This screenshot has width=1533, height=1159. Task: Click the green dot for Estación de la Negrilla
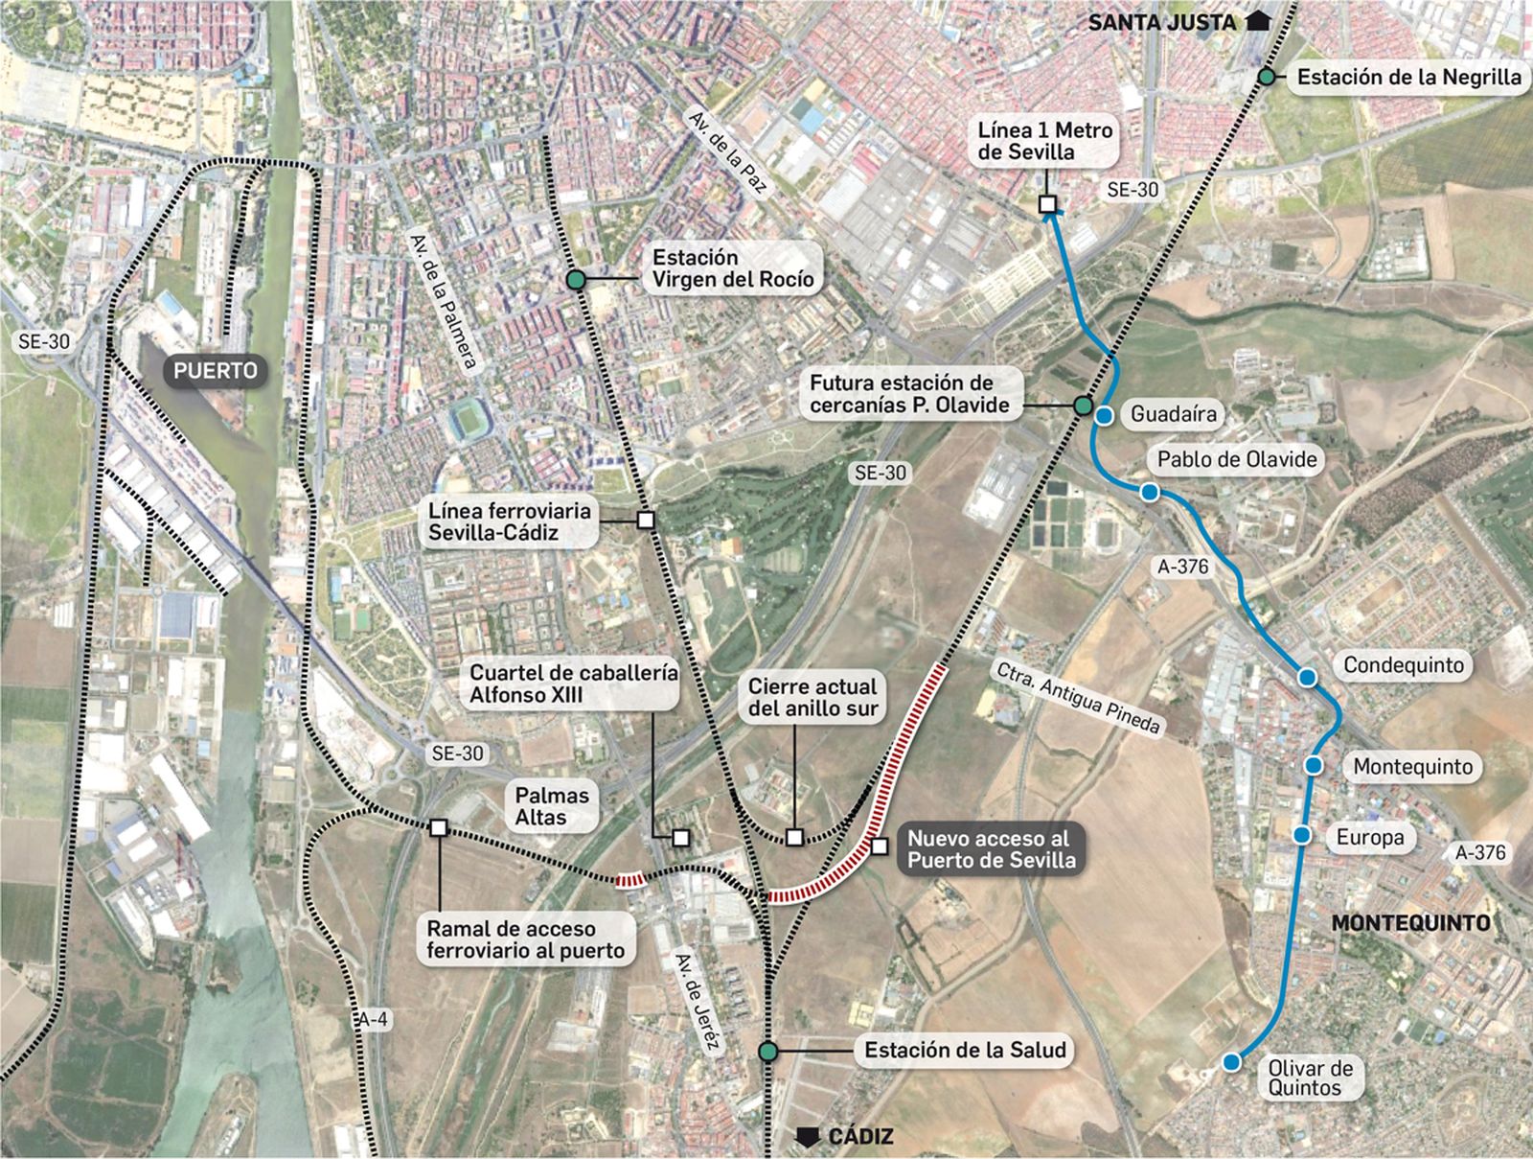pos(1267,77)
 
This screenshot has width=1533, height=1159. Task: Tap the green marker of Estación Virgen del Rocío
pos(575,280)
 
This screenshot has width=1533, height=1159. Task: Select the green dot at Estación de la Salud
pos(766,1052)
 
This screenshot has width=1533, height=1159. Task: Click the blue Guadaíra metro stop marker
pos(1104,415)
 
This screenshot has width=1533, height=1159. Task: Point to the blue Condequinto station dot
pos(1307,677)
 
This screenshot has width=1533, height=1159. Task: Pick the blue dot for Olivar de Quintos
pos(1231,1061)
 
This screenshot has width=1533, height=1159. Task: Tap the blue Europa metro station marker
pos(1301,835)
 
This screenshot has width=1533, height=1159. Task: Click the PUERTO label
pos(216,371)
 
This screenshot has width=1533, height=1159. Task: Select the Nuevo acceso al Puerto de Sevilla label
pos(991,848)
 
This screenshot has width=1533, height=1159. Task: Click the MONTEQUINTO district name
pos(1410,923)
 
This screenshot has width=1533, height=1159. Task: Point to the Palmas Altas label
pos(553,806)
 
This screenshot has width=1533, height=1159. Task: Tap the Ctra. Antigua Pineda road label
pos(1078,698)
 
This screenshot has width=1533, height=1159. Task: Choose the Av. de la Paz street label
pos(727,153)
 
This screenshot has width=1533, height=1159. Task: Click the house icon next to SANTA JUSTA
pos(1257,20)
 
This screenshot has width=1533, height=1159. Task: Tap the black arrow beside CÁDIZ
pos(810,1137)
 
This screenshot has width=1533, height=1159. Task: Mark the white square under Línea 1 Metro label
pos(1047,204)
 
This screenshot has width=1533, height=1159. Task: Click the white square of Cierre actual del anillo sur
pos(794,838)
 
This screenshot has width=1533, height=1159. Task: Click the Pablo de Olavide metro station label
pos(1237,459)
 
